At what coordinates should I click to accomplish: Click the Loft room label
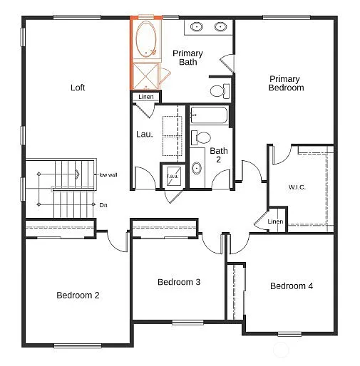click(78, 88)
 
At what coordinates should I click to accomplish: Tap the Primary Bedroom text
click(286, 83)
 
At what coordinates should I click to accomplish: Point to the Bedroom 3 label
click(178, 282)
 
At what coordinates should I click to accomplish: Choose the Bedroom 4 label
click(291, 286)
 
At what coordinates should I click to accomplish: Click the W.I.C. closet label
click(297, 187)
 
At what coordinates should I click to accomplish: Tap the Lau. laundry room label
click(143, 133)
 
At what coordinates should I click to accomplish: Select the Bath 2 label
click(218, 155)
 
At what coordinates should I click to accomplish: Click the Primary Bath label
click(187, 58)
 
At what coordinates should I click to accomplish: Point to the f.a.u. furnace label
click(173, 176)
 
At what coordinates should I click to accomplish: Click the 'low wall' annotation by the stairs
click(108, 174)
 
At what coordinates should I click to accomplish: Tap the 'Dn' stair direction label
click(103, 205)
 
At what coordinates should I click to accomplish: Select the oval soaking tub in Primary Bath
click(147, 40)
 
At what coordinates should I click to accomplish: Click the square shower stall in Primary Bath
click(146, 75)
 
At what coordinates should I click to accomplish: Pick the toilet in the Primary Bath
click(219, 90)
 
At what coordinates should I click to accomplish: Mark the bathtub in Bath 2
click(210, 116)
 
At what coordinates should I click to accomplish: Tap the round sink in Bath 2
click(197, 169)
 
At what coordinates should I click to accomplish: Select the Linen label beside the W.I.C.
click(275, 221)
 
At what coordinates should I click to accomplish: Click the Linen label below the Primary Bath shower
click(146, 97)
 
